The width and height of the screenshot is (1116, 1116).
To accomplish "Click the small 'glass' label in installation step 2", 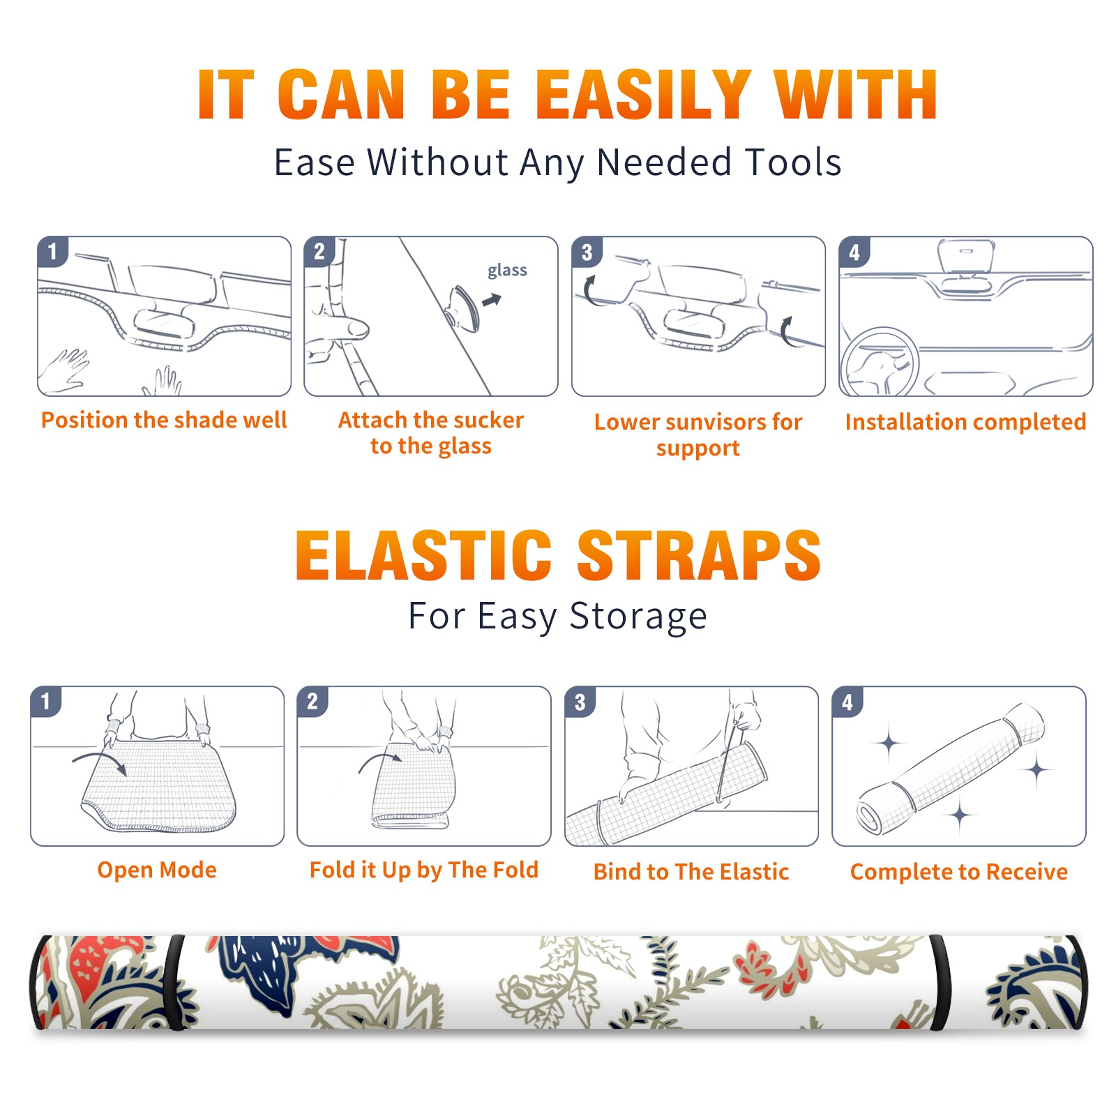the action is click(507, 271).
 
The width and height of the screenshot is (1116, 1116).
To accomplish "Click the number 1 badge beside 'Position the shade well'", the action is click(52, 251).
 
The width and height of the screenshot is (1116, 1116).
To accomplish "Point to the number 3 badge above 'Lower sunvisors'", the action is click(587, 252).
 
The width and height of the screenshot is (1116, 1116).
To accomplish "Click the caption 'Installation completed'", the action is click(965, 422).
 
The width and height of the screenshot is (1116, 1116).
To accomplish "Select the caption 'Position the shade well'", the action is click(164, 420).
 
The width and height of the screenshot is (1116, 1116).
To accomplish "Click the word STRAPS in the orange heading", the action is click(699, 555).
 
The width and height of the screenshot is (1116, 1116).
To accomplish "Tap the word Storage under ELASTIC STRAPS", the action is click(638, 617).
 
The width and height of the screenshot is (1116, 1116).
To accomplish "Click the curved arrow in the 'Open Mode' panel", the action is click(100, 762).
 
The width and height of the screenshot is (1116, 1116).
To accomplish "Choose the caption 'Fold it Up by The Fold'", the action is click(424, 870).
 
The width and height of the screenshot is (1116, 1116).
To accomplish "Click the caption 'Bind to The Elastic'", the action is click(691, 872).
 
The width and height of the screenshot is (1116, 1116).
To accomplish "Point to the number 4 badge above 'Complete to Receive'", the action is click(847, 702).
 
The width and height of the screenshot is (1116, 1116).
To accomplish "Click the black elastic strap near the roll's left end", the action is click(175, 983).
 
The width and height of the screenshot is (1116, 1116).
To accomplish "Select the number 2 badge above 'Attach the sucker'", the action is click(319, 251).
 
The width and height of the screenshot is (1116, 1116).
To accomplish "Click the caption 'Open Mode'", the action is click(157, 870).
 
